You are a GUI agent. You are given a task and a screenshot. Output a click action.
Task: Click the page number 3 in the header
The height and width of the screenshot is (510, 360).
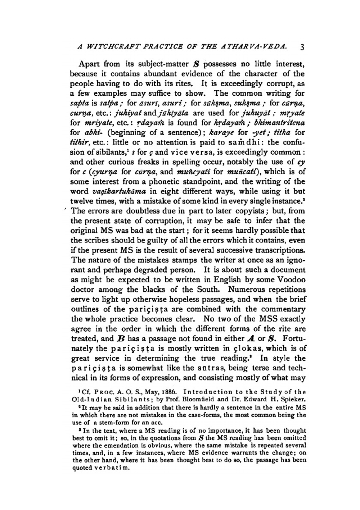(x=302, y=47)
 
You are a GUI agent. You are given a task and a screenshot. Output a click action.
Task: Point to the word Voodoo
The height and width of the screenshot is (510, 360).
(x=291, y=279)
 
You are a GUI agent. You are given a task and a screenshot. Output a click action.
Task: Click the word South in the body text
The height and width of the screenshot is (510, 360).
(x=208, y=289)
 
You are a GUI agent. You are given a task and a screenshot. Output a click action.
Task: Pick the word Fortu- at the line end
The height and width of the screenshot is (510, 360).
(x=294, y=338)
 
